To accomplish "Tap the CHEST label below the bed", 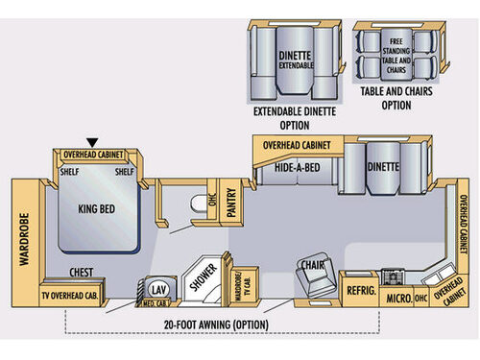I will [82, 273].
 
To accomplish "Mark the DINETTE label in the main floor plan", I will [383, 167].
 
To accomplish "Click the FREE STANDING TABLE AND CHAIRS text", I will [399, 51].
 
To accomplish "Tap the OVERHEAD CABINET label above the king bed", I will [96, 155].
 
